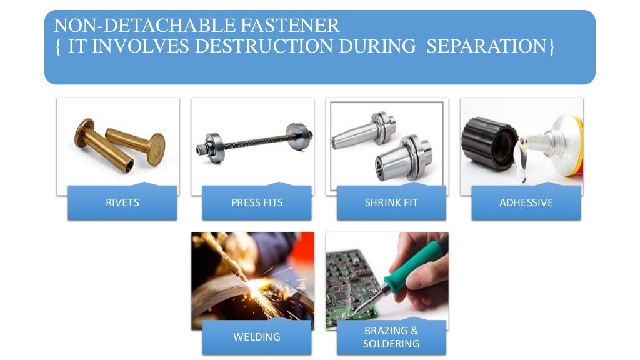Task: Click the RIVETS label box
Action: coord(122,202)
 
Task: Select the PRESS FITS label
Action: coord(257,202)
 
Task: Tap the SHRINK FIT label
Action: coord(391,202)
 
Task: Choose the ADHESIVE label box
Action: coord(526,202)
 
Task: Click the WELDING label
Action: coord(257,337)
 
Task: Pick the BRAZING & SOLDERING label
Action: coord(391,337)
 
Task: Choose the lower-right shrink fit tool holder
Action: coord(403,159)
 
